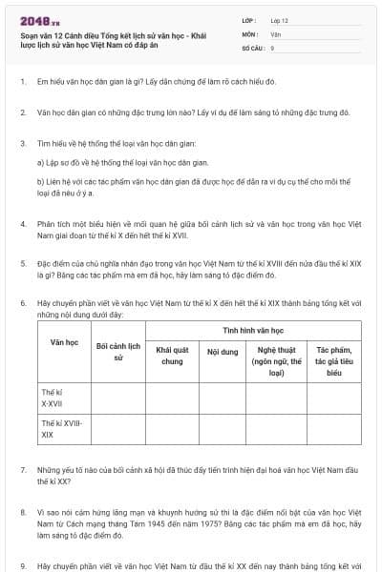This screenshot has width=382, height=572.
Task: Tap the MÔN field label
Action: [x=250, y=33]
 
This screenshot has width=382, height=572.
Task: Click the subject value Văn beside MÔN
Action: [x=276, y=33]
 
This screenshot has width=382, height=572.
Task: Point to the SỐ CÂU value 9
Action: [x=272, y=47]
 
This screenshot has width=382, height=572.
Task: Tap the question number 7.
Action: [x=22, y=471]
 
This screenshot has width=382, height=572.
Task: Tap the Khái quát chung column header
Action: [x=172, y=356]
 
